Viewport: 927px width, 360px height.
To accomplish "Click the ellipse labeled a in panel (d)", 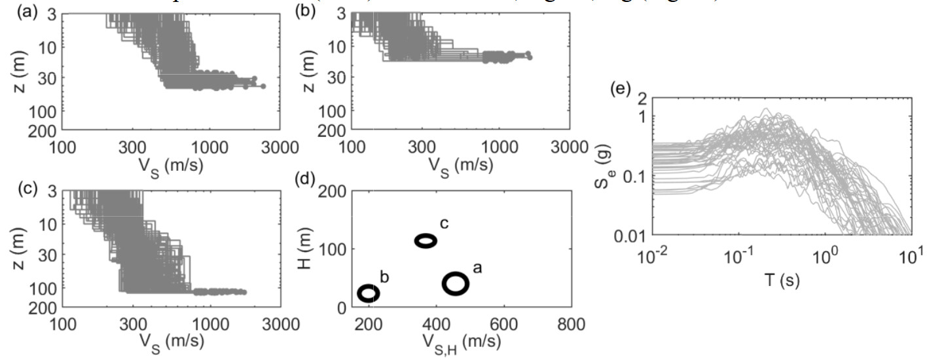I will click(x=456, y=283).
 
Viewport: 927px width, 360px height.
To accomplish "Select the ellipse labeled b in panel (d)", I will click(x=369, y=293).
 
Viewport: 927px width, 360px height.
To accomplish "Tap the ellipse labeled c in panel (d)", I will click(x=426, y=241).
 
